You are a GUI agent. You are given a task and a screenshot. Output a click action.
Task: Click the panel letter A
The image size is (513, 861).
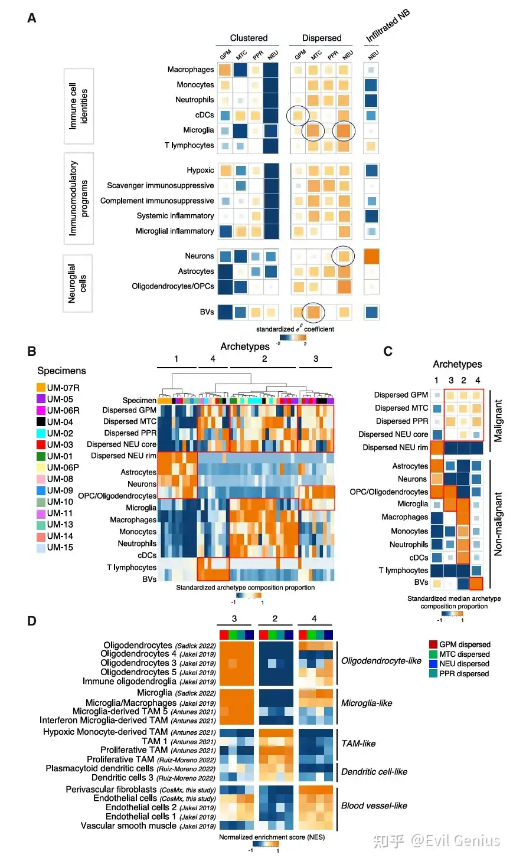point(32,18)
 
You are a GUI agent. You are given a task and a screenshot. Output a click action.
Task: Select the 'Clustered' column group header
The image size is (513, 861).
point(249,38)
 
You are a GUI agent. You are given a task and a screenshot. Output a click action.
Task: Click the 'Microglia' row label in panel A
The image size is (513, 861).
point(198,130)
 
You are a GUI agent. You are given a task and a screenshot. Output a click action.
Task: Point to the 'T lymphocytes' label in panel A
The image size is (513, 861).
point(189,145)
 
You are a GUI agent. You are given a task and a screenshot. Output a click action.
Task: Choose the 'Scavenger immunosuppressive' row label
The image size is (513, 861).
point(160,185)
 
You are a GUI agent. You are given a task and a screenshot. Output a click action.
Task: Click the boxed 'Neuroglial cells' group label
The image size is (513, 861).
point(77,284)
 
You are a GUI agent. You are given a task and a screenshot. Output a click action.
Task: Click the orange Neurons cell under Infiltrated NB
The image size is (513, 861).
point(371,256)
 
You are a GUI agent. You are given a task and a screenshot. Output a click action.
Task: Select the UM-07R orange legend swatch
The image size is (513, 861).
point(41,388)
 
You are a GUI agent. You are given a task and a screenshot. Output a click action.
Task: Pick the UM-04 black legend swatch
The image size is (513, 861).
point(41,422)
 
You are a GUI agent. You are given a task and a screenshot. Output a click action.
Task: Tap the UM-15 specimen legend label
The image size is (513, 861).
point(60,548)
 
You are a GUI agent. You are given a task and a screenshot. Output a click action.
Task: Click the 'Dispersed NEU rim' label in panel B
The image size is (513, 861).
point(123,456)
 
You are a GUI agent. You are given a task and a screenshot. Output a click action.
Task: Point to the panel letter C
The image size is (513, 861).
point(388,352)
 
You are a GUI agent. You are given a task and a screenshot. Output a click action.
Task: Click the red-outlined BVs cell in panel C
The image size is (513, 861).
point(476,583)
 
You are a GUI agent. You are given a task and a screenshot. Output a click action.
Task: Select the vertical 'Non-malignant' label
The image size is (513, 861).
point(498,524)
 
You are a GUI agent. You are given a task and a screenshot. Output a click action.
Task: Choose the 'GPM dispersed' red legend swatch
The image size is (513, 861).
point(433,644)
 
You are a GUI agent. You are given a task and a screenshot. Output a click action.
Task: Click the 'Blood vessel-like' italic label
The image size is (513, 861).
point(374,806)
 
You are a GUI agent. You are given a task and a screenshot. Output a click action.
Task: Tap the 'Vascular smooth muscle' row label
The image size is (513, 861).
point(128,826)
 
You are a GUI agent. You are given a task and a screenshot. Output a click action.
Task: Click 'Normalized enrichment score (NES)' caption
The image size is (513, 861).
point(272,837)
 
